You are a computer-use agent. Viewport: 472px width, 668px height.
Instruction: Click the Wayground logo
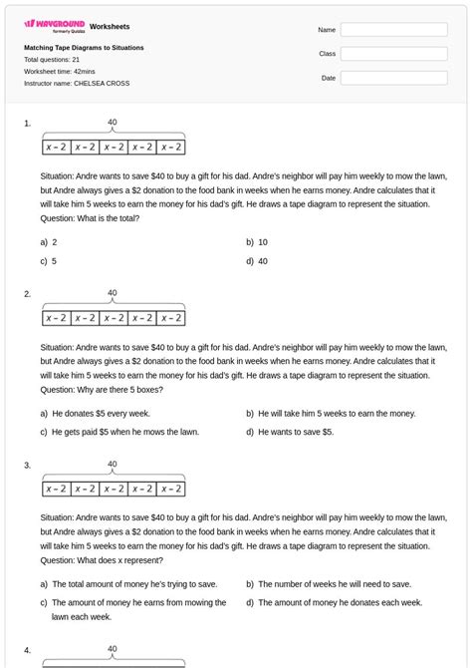pyautogui.click(x=54, y=25)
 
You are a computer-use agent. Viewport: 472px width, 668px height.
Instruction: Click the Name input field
pyautogui.click(x=393, y=30)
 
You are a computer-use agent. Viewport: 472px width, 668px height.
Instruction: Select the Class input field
pyautogui.click(x=393, y=54)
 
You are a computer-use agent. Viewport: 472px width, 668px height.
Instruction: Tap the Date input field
pyautogui.click(x=393, y=78)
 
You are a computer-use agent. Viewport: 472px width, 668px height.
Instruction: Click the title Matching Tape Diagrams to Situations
pyautogui.click(x=84, y=48)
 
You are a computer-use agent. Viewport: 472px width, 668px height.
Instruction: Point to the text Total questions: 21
pyautogui.click(x=52, y=60)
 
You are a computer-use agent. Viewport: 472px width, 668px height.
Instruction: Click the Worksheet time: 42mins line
pyautogui.click(x=60, y=72)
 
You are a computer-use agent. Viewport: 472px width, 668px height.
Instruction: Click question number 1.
pyautogui.click(x=28, y=124)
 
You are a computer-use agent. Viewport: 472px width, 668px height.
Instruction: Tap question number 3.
pyautogui.click(x=28, y=465)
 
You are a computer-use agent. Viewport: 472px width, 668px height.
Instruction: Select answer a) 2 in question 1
pyautogui.click(x=49, y=242)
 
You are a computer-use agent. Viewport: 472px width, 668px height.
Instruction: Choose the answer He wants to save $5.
pyautogui.click(x=295, y=432)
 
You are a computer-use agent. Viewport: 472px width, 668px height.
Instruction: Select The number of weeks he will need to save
pyautogui.click(x=334, y=583)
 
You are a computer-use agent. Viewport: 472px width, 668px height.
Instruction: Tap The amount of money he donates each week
pyautogui.click(x=340, y=602)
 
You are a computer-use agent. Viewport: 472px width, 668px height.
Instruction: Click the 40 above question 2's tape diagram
pyautogui.click(x=113, y=294)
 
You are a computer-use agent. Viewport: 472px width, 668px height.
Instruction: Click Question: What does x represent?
pyautogui.click(x=102, y=559)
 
